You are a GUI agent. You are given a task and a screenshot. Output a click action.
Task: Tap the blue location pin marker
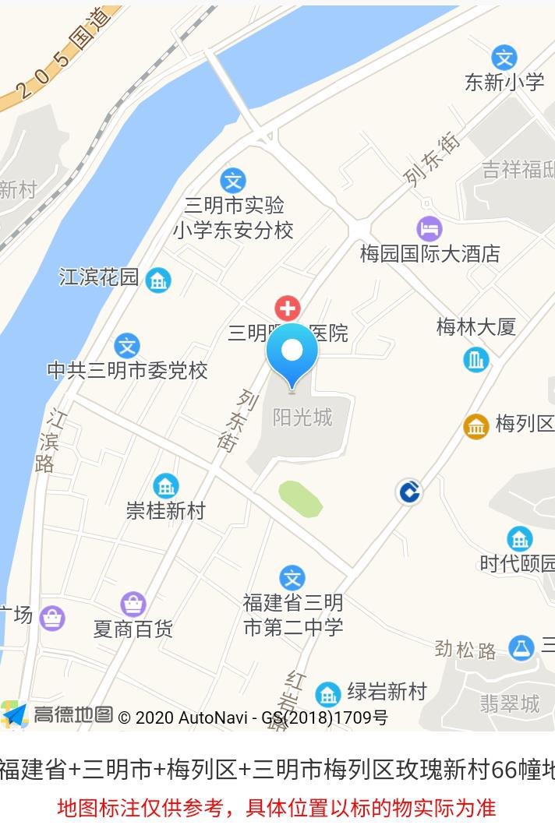[292, 353]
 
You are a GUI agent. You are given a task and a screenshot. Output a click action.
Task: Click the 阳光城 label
[302, 418]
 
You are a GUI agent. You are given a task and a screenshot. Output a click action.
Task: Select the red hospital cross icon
[288, 308]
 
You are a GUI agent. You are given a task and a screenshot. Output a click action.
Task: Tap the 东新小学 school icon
[504, 58]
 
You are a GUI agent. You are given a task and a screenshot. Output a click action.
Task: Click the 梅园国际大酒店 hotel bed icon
[429, 229]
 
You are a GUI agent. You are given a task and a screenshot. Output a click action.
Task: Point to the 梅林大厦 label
[475, 327]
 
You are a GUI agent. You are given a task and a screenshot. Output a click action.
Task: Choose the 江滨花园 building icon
[158, 280]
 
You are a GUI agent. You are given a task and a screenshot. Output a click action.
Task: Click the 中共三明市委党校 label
[128, 371]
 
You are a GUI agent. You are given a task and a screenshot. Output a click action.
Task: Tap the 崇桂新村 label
[165, 511]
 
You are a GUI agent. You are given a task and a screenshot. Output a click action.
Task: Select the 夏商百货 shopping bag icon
[133, 604]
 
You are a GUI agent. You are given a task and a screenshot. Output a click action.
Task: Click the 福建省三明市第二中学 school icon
[292, 578]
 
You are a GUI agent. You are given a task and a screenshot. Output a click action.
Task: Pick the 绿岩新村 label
[387, 691]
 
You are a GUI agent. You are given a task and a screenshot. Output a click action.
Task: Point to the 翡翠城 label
[509, 704]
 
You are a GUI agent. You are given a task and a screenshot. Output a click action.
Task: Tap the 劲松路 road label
[465, 649]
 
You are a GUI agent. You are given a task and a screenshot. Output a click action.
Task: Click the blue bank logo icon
[409, 492]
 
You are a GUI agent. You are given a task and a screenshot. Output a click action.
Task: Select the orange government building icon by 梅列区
[476, 426]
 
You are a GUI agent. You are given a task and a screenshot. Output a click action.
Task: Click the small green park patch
[301, 499]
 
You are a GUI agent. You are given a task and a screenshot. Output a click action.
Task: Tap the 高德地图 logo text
[72, 714]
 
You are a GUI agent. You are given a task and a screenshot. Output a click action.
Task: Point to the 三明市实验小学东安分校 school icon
[232, 181]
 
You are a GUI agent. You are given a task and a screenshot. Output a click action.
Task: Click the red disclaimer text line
[277, 808]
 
